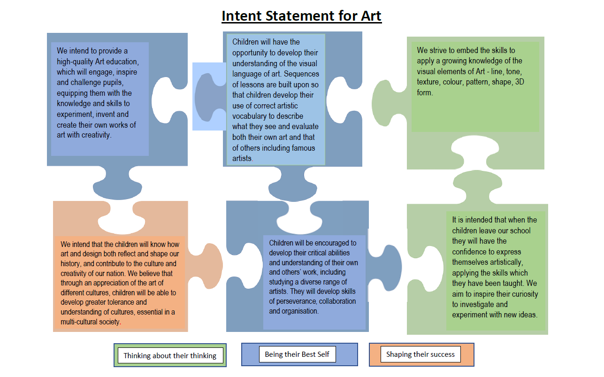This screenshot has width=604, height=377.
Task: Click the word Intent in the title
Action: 242,15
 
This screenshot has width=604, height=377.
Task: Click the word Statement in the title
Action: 300,15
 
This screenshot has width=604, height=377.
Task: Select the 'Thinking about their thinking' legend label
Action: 170,356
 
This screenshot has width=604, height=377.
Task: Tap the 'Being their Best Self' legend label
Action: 297,354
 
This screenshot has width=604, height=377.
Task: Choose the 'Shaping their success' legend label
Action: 421,354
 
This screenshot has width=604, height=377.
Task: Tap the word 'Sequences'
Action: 301,74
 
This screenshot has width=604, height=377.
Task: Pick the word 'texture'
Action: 427,82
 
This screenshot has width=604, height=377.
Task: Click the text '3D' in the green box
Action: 520,82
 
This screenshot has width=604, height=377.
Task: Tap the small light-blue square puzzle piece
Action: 209,97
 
